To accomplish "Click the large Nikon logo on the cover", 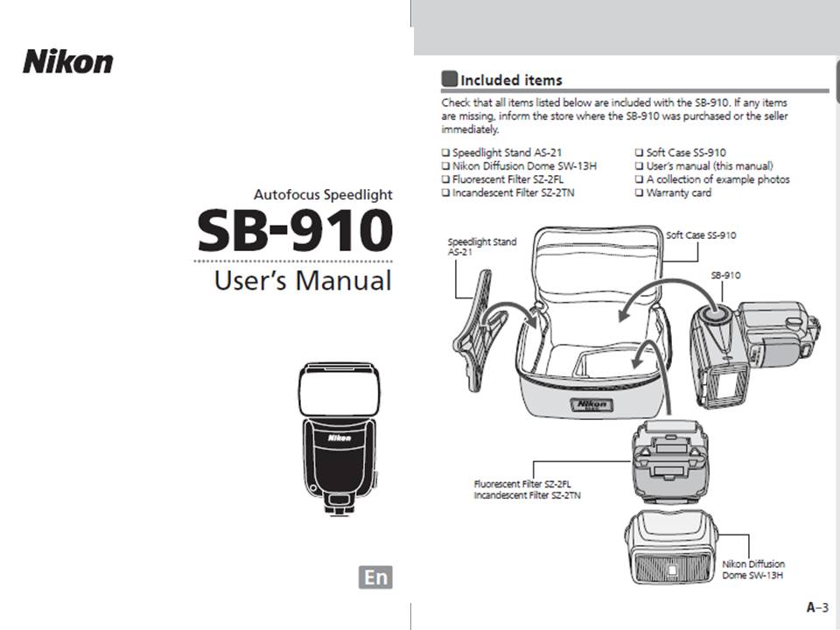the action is coord(68,61).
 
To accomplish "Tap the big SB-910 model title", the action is coord(295,231).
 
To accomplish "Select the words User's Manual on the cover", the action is coord(303,281).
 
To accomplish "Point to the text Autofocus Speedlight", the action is coord(323,194).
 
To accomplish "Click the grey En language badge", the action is coord(375,577).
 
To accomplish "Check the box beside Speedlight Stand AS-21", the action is coord(445,153).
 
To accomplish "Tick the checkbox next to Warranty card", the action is coord(639,192).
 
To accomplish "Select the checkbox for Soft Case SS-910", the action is coord(639,153).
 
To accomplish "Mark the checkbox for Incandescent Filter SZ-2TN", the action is coord(445,192).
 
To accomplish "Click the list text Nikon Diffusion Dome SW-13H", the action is coord(524,166).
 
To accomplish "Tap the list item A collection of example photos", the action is coord(717,179).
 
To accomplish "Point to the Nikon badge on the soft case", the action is coord(592,404).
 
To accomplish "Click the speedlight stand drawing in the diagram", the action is coord(479,331).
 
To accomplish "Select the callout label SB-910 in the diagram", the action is coord(725,276).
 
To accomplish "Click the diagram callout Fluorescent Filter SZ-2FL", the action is coord(522,484).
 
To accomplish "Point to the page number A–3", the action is coord(817,607).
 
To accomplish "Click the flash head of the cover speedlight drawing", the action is coord(339,389).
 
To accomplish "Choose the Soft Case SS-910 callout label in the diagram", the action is coord(701,235).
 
